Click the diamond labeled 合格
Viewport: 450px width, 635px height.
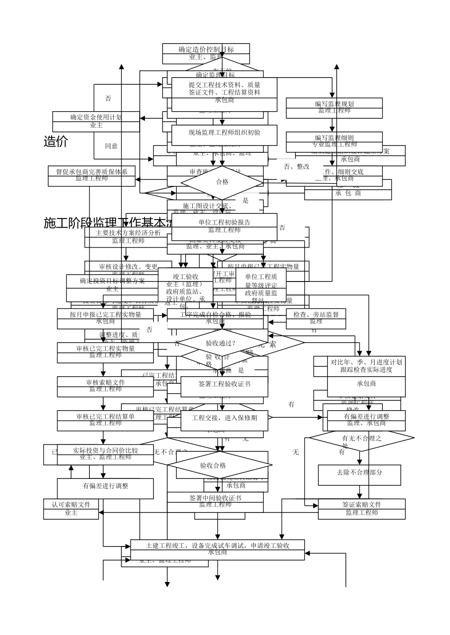coord(222,182)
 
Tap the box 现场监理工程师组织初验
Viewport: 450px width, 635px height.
coord(224,132)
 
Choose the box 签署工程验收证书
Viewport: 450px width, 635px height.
coord(224,384)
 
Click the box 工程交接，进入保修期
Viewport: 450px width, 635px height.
coord(224,418)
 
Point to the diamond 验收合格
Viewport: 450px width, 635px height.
coord(213,466)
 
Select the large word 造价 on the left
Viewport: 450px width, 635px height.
coord(56,141)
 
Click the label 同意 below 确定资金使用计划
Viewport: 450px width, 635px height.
coord(111,146)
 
